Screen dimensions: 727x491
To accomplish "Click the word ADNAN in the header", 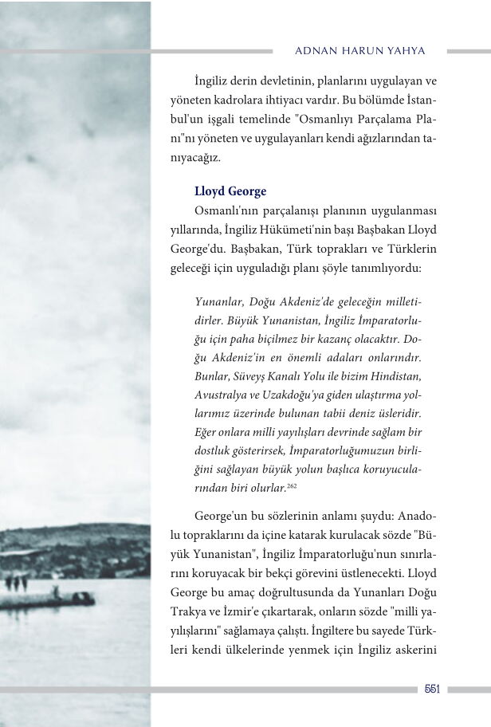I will (312, 50).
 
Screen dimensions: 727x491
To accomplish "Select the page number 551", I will (431, 689).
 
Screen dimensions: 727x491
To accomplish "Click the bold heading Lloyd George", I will (230, 191).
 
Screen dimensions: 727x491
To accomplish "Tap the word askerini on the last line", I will (412, 650).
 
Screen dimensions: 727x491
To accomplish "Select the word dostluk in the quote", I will (214, 450).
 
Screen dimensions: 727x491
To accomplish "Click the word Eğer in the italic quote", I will (206, 431).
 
